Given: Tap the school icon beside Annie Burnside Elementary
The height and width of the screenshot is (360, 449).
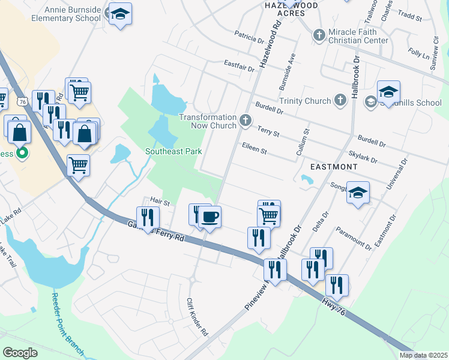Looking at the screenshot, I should point(121,14).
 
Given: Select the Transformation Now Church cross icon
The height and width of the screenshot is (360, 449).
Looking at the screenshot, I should point(245,121).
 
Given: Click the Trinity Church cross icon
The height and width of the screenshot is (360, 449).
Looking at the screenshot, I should point(340,100).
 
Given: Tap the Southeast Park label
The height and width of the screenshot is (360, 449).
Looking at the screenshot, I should point(173,152).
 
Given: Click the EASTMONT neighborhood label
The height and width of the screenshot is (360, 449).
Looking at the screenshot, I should point(334,166).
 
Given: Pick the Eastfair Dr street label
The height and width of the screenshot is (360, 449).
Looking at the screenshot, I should point(240,64).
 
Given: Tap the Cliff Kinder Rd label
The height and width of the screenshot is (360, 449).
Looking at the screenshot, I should point(197,316).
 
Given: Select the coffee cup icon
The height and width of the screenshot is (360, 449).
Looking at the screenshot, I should point(209,216).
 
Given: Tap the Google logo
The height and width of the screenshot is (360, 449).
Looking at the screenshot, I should point(20,353).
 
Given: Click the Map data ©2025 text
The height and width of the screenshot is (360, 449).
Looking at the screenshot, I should point(423,355).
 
